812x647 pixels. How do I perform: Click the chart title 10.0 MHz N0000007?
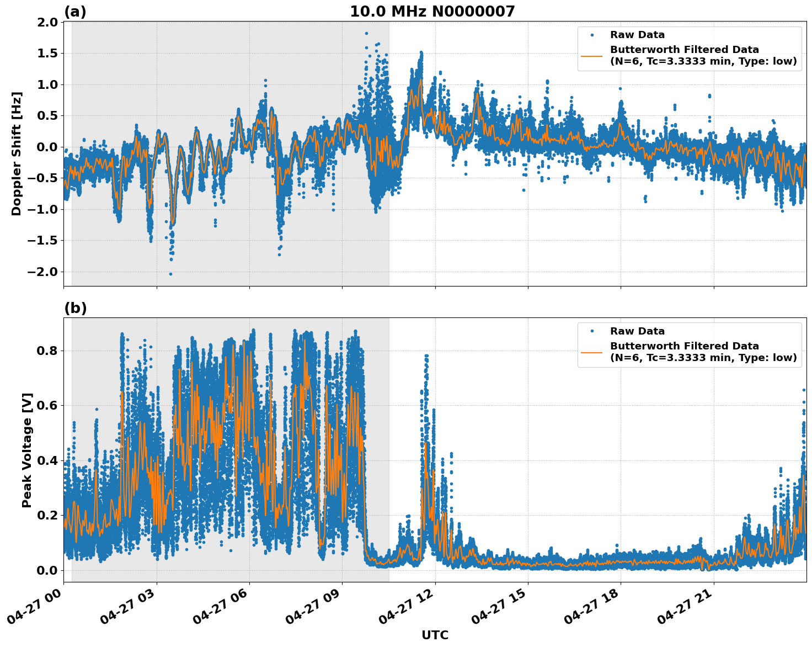pyautogui.click(x=432, y=12)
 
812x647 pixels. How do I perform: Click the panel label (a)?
pyautogui.click(x=75, y=12)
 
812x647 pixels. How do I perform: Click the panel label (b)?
pyautogui.click(x=75, y=308)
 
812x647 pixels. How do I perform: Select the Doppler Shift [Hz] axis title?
pyautogui.click(x=17, y=153)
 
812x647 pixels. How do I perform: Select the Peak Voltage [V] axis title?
pyautogui.click(x=27, y=450)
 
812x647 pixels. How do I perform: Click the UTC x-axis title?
pyautogui.click(x=435, y=635)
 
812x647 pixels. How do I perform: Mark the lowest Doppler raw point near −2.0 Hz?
pyautogui.click(x=170, y=274)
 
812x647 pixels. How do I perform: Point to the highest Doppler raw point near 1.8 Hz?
pyautogui.click(x=366, y=33)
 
